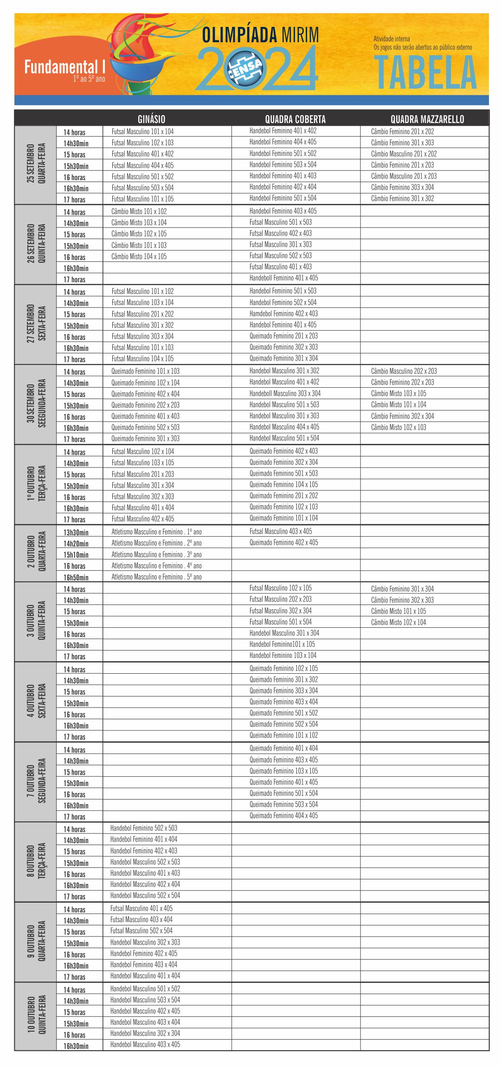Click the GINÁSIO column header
pyautogui.click(x=151, y=119)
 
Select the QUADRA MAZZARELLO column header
pyautogui.click(x=427, y=119)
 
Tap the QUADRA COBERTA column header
pyautogui.click(x=295, y=119)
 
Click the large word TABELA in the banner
pyautogui.click(x=425, y=73)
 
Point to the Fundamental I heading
pyautogui.click(x=65, y=67)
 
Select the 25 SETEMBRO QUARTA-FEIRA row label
pyautogui.click(x=36, y=165)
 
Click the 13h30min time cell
pyautogui.click(x=76, y=532)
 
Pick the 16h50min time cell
pyautogui.click(x=76, y=577)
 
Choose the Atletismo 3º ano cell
pyautogui.click(x=156, y=554)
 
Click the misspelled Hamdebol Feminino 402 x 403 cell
pyautogui.click(x=283, y=313)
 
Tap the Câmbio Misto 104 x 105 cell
pyautogui.click(x=139, y=256)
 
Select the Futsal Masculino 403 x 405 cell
pyautogui.click(x=281, y=531)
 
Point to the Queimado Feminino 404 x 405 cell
pyautogui.click(x=283, y=815)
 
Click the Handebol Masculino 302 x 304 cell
pyautogui.click(x=145, y=1033)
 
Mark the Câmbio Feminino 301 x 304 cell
pyautogui.click(x=402, y=589)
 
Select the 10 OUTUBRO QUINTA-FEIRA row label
pyautogui.click(x=36, y=1016)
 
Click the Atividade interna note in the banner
pyautogui.click(x=392, y=39)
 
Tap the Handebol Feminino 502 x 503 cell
pyautogui.click(x=144, y=828)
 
